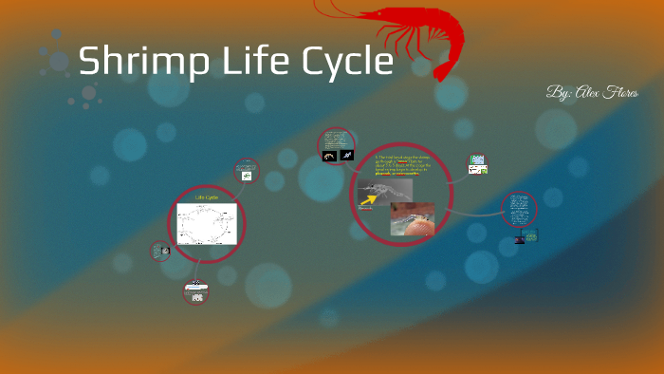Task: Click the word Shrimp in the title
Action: tap(142, 62)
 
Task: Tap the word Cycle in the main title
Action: tap(345, 62)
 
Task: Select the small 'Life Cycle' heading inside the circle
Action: tap(207, 197)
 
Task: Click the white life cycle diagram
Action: tap(206, 225)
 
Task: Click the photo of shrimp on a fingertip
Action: tap(413, 218)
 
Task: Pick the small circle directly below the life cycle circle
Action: tap(196, 292)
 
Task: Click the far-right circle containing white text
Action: tap(519, 210)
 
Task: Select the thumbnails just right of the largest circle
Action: tap(478, 165)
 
